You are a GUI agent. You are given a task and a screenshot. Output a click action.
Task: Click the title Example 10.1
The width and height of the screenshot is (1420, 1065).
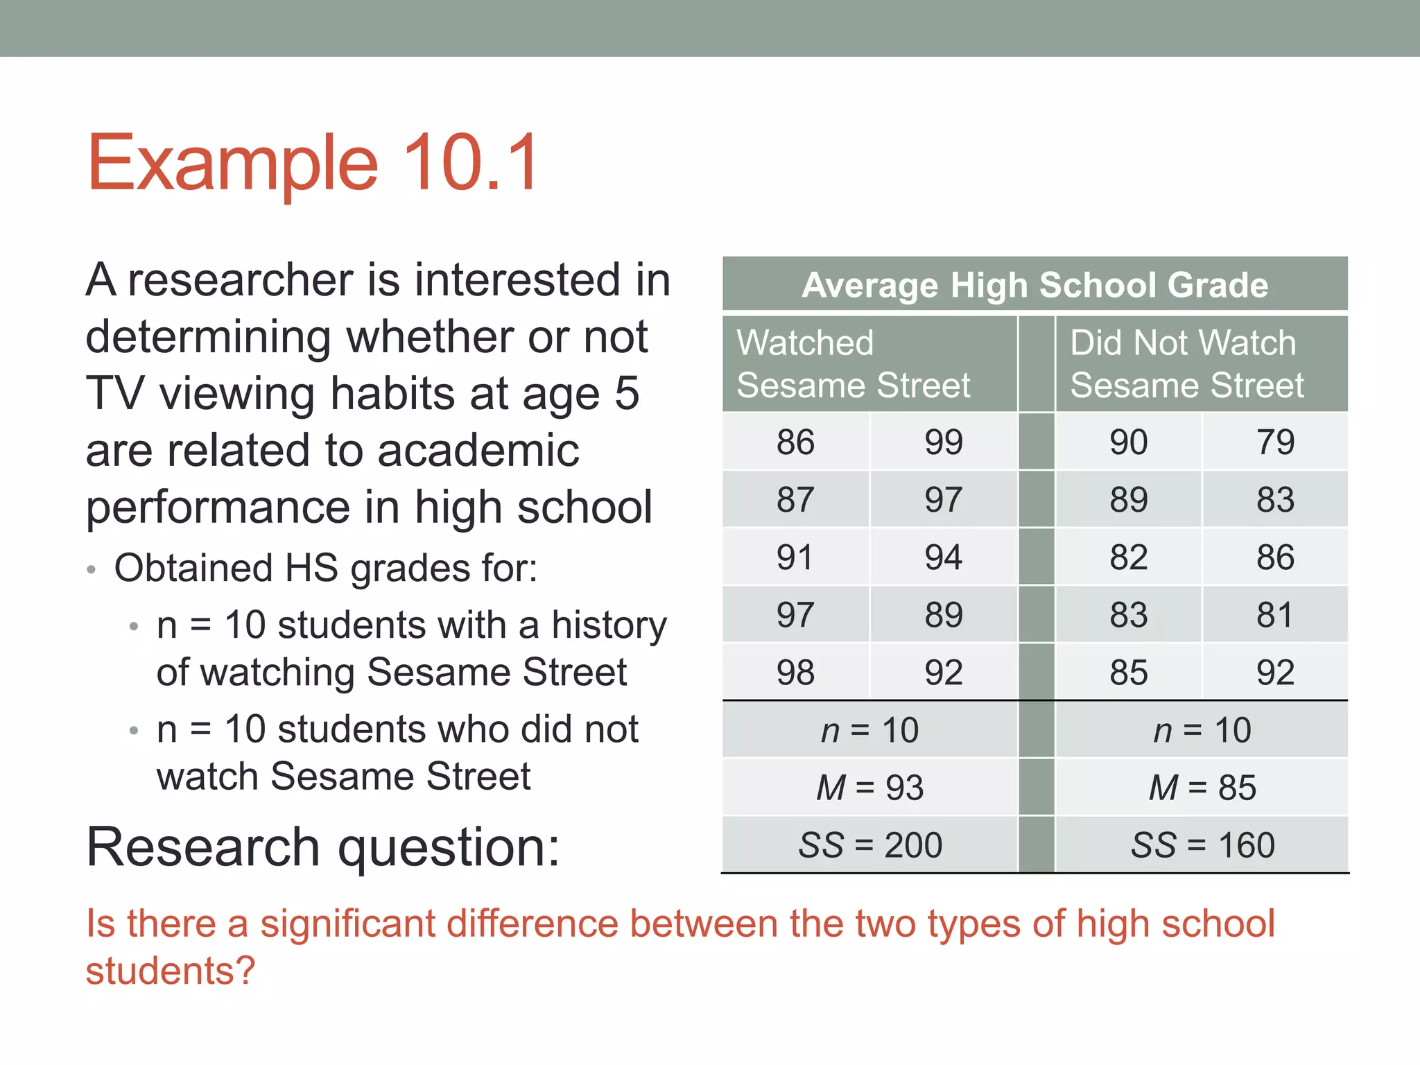(x=313, y=162)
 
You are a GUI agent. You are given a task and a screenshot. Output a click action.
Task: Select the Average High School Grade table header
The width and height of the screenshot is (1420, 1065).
(x=1034, y=284)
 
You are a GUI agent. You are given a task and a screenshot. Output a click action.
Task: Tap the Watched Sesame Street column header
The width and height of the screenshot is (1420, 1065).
(x=853, y=364)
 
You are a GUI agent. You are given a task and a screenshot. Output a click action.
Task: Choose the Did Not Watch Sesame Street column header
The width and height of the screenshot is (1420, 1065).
(x=1186, y=364)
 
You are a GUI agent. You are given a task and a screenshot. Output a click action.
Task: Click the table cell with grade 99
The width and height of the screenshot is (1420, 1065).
(x=943, y=442)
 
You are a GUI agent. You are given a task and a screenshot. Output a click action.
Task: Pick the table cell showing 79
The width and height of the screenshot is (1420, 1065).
(x=1275, y=442)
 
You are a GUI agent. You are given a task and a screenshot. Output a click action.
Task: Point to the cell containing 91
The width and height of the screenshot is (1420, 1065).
(x=795, y=557)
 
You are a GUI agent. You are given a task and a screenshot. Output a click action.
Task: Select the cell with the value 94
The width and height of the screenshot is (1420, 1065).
(x=943, y=557)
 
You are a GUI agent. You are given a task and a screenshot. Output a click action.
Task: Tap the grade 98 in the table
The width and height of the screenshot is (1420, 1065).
(x=795, y=673)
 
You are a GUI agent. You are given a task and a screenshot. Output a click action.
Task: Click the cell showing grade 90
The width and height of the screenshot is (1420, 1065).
(x=1128, y=442)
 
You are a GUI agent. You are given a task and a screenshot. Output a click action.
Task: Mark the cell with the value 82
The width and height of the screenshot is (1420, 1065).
(x=1128, y=557)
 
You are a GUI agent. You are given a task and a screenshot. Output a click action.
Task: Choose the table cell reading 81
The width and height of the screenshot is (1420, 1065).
(x=1275, y=615)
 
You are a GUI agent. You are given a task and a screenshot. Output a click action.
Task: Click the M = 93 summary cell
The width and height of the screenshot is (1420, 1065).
(x=869, y=788)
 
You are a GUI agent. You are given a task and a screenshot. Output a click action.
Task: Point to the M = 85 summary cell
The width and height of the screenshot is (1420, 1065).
(x=1202, y=788)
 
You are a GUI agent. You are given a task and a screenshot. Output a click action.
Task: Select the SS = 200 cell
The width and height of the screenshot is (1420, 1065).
(x=869, y=845)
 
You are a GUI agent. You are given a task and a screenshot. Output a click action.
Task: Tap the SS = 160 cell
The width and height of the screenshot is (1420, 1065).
(x=1202, y=845)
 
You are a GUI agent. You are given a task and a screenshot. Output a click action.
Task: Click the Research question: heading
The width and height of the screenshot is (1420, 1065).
(x=322, y=847)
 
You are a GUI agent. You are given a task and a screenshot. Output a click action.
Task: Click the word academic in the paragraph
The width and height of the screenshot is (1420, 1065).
(x=478, y=451)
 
